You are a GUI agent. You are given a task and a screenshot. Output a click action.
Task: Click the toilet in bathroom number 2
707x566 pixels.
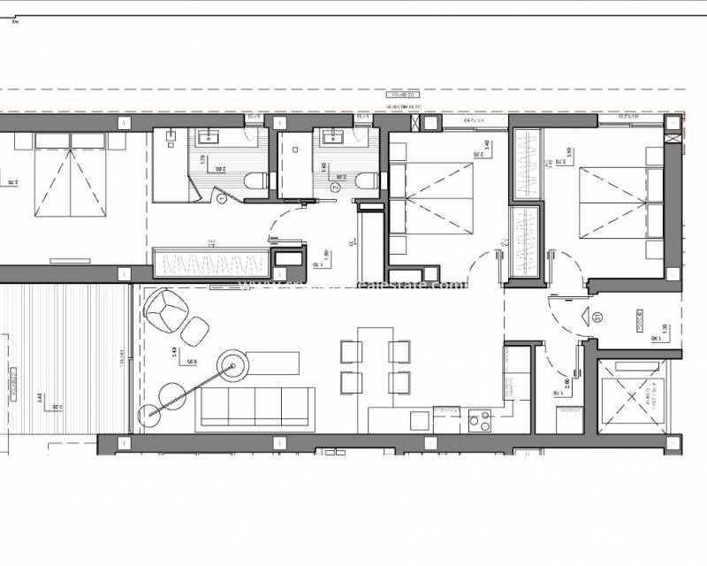click(x=371, y=180)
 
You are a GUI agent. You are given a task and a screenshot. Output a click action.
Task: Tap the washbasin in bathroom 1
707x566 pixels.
click(x=210, y=136)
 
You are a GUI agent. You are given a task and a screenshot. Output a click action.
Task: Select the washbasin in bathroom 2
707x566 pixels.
click(x=335, y=136)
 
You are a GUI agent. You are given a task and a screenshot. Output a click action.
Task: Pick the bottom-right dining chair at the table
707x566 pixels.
click(x=399, y=382)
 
